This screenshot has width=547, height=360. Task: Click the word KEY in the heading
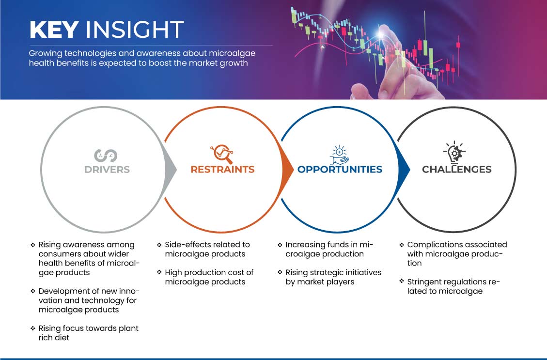54,29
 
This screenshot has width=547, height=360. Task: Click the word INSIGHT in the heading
135,29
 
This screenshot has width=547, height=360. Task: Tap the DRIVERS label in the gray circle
107,170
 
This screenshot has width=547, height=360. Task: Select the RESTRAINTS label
222,170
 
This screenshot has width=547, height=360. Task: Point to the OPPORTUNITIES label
340,170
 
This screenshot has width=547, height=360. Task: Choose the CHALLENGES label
457,170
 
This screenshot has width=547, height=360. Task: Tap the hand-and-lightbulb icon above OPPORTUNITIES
340,155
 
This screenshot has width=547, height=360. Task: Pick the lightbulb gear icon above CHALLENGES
454,153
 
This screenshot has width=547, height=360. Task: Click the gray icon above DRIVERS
105,156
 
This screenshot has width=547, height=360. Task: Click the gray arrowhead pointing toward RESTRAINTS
171,170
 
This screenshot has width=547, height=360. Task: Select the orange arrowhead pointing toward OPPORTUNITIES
287,170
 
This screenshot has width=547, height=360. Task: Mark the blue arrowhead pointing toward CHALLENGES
404,170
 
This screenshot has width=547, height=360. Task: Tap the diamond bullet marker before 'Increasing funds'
280,245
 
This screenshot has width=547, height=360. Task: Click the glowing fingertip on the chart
381,34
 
